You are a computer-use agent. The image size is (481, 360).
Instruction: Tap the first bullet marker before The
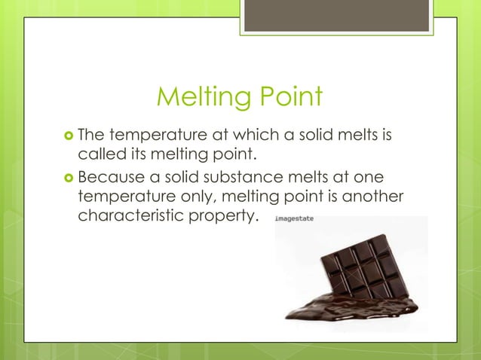pos(68,136)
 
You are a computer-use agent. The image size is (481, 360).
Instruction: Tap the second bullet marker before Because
pos(68,178)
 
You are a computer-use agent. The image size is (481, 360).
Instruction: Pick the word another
pos(375,198)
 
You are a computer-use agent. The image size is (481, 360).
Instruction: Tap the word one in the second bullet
pos(369,178)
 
